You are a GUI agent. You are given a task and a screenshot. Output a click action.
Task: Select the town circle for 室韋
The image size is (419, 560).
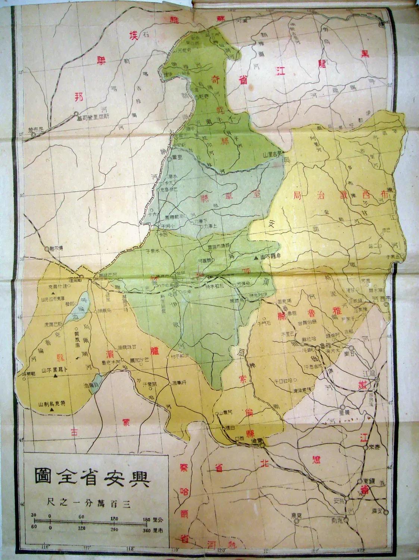tap(169, 159)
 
